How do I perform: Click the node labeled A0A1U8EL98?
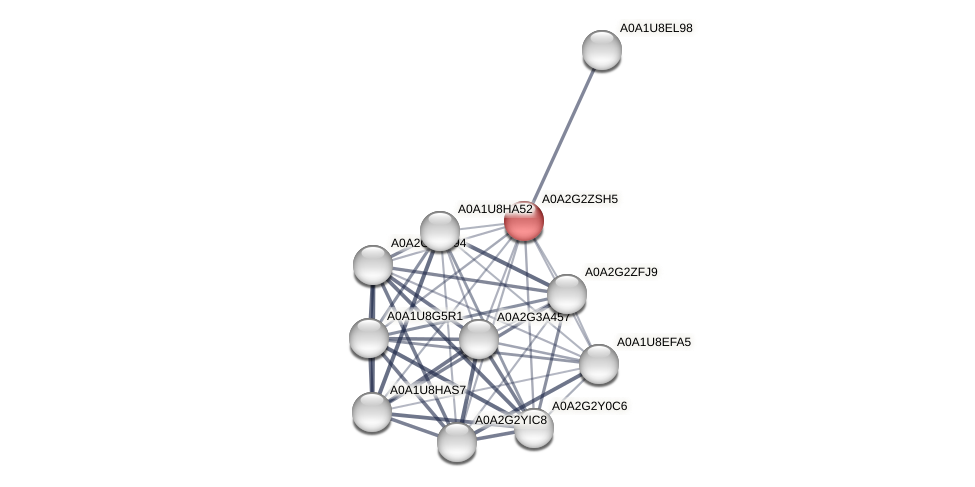[601, 50]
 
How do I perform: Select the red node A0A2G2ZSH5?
[523, 221]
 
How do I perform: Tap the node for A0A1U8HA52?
[440, 231]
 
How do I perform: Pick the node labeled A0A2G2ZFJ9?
[567, 294]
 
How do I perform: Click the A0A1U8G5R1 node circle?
[369, 337]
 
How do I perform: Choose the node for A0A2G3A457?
[478, 339]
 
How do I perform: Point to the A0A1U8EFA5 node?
[599, 364]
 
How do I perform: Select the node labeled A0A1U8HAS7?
[372, 411]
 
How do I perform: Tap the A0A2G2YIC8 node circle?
[457, 441]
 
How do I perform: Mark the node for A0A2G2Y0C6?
[534, 428]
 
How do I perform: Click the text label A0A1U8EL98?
[656, 28]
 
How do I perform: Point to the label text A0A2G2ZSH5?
[579, 199]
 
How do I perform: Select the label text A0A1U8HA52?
[495, 209]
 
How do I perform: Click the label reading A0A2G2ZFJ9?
[621, 272]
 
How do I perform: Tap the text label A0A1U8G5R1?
[425, 316]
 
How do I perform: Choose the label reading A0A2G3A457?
[533, 318]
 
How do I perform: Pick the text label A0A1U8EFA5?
[653, 342]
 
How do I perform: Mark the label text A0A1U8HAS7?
[427, 389]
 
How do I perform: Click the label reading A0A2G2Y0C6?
[590, 406]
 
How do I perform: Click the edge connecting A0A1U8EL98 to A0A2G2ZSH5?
[562, 135]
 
